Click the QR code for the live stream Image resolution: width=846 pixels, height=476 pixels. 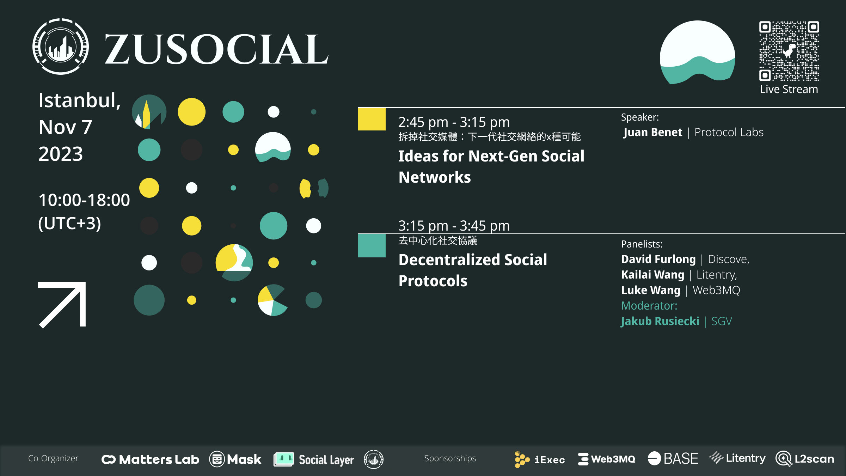789,51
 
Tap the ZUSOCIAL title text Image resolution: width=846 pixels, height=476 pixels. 216,49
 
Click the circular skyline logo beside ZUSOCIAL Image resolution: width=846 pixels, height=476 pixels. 61,47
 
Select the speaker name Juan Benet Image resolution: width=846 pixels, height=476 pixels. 653,132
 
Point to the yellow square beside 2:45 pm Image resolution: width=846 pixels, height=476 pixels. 372,119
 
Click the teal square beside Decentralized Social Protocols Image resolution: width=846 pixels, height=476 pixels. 372,246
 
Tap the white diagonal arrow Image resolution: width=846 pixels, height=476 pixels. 62,305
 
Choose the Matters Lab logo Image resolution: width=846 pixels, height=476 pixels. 150,459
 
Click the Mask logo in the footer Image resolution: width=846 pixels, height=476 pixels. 235,459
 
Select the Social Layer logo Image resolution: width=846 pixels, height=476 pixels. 314,459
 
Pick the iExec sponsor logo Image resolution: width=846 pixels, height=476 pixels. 539,459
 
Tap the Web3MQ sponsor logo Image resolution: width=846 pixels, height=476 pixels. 606,459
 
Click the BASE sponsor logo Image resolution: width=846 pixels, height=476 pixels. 673,459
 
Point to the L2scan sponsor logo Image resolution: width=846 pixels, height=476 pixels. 805,459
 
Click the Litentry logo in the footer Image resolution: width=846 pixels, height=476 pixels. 737,458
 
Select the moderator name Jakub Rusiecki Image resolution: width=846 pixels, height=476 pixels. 660,321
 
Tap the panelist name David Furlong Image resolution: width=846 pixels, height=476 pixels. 658,259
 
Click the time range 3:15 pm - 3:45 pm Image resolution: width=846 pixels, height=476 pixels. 454,226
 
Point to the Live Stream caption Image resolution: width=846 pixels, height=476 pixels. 789,89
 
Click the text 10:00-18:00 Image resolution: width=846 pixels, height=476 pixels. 84,200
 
